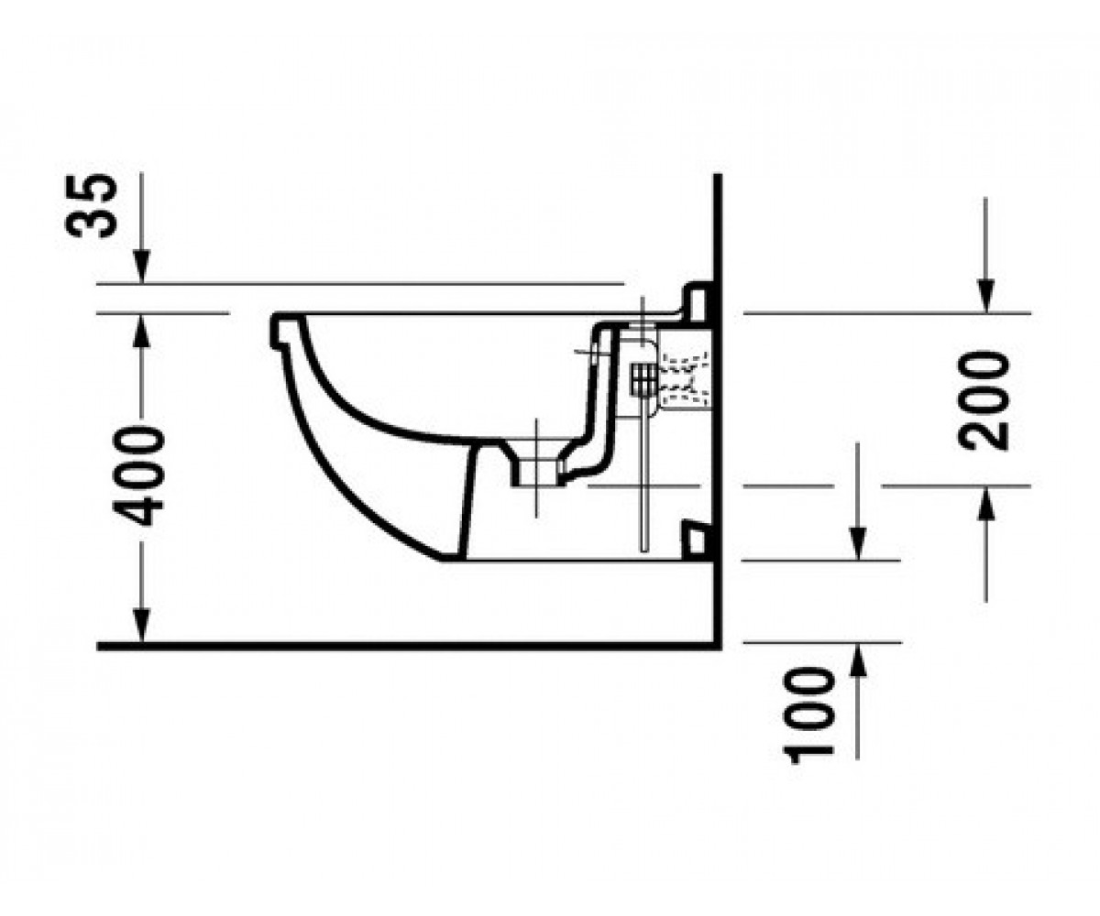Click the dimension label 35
point(91,206)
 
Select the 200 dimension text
point(983,401)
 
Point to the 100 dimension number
point(808,716)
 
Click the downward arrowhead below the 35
point(141,267)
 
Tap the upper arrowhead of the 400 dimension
point(141,330)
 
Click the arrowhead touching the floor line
point(141,626)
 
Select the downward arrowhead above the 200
point(985,296)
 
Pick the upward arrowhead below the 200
point(985,504)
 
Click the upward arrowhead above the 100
point(859,660)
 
